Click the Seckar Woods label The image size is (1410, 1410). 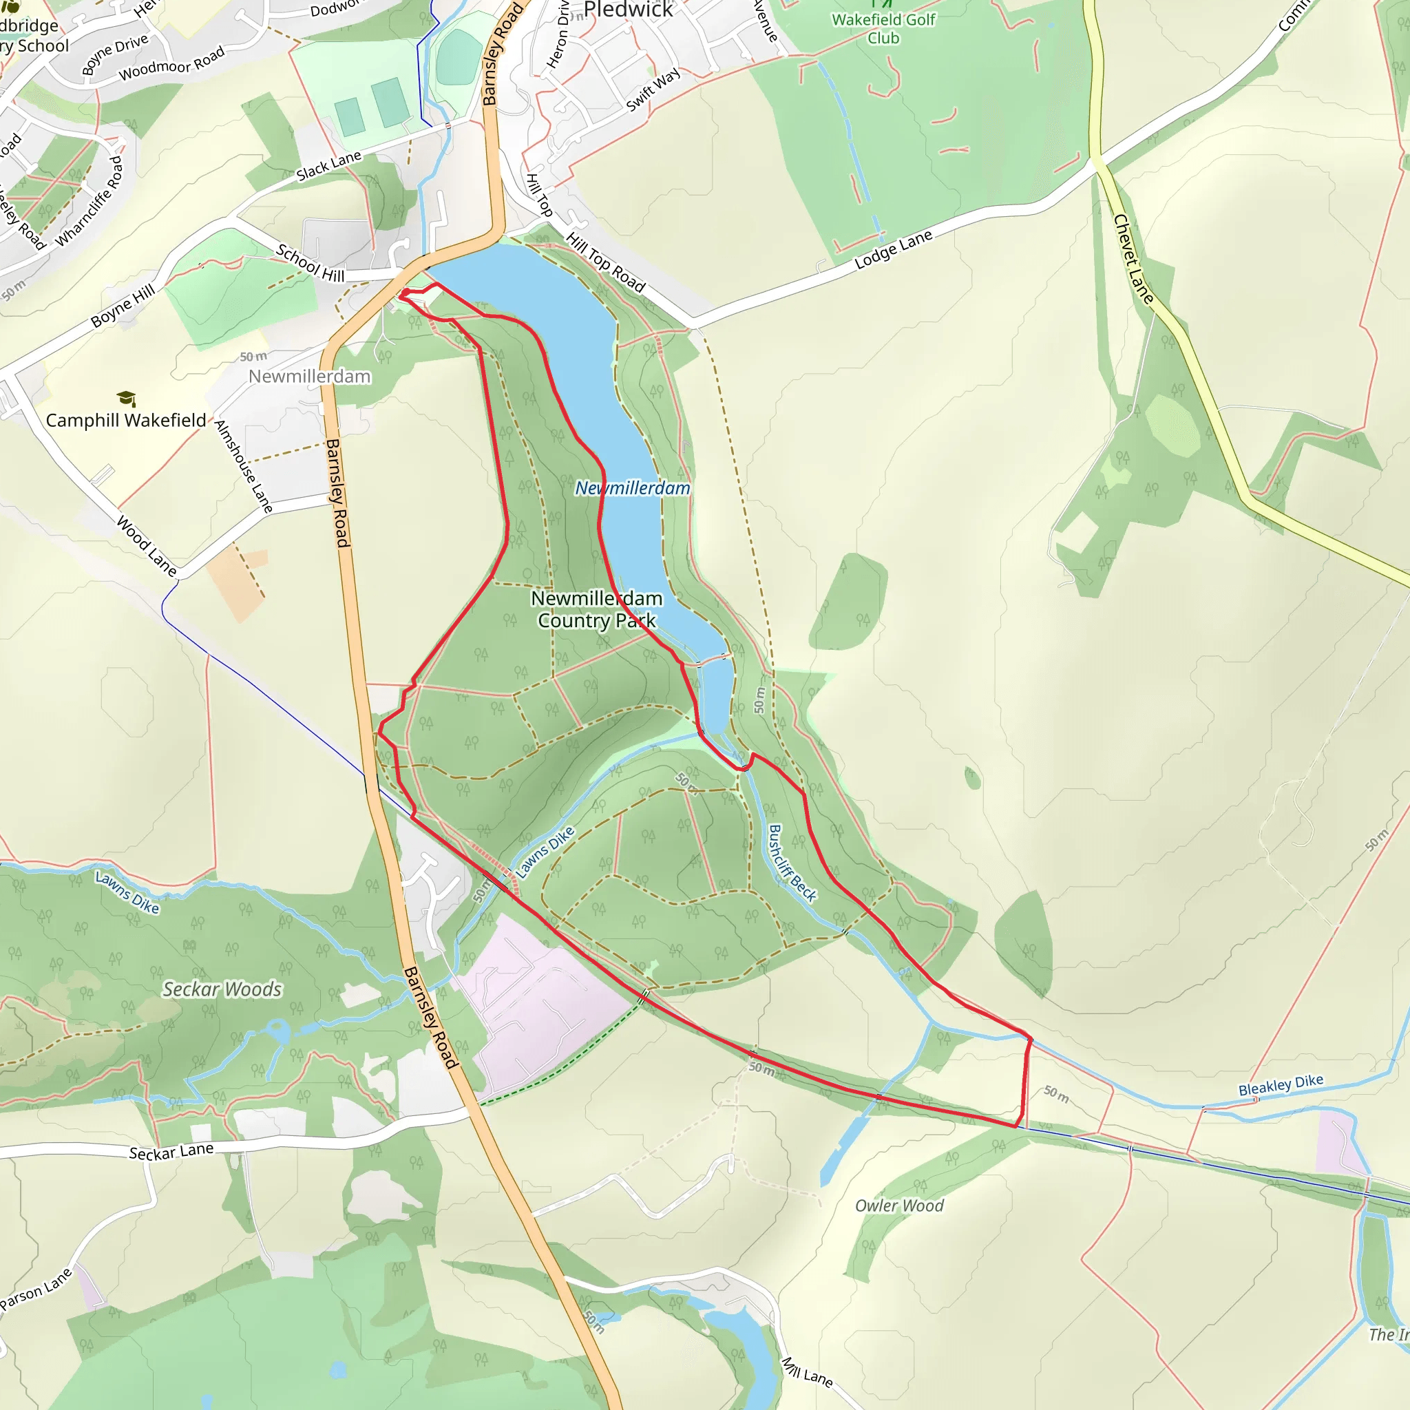click(x=222, y=989)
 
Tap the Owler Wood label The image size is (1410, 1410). click(x=899, y=1205)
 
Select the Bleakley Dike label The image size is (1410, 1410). click(x=1280, y=1084)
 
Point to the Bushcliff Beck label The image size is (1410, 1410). click(x=792, y=863)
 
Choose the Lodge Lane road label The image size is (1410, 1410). click(x=893, y=250)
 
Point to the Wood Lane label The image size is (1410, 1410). click(x=147, y=547)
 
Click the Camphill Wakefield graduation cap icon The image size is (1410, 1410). click(x=126, y=399)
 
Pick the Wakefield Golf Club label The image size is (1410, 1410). click(x=883, y=28)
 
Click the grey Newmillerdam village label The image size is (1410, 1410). click(x=309, y=377)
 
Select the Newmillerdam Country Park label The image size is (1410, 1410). click(x=596, y=609)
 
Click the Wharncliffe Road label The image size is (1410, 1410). click(x=90, y=202)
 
